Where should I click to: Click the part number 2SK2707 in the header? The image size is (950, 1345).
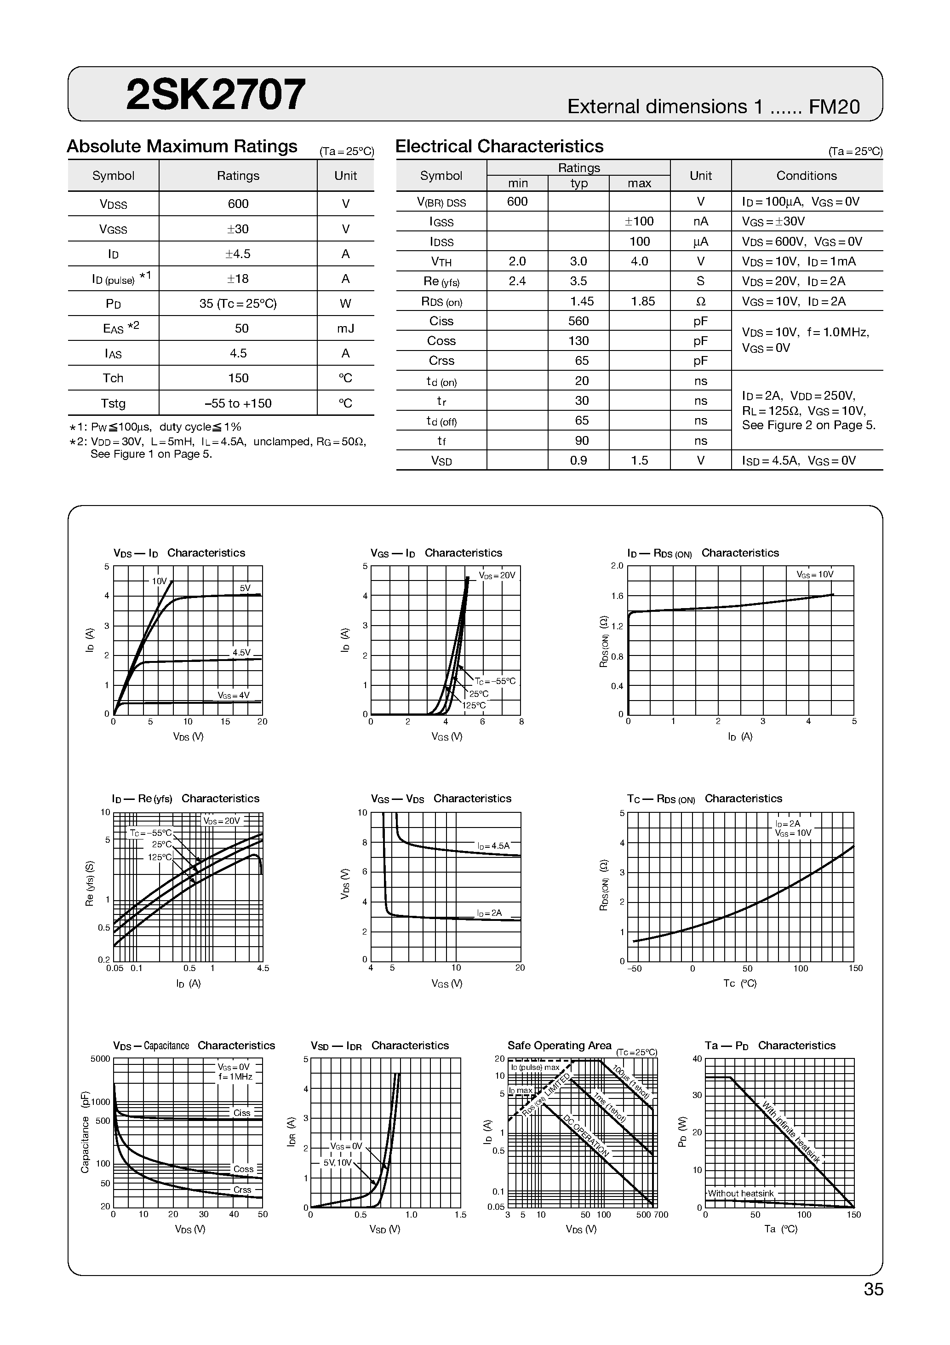(216, 95)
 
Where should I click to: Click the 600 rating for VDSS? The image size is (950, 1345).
(238, 204)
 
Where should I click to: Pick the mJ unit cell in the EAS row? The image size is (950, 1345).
(346, 328)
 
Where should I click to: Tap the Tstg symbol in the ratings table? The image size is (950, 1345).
(113, 403)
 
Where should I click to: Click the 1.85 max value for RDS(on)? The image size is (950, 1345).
(640, 301)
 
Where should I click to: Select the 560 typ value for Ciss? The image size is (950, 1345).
(578, 321)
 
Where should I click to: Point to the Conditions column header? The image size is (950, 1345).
(806, 176)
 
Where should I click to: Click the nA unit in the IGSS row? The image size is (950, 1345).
(700, 221)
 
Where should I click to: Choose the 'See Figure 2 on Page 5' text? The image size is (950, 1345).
(808, 425)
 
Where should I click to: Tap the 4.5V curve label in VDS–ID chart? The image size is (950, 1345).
(241, 653)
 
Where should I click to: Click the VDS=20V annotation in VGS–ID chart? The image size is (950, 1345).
(497, 575)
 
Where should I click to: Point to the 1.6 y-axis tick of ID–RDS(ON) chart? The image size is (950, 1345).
(617, 596)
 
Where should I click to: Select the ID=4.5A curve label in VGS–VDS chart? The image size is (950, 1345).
(493, 846)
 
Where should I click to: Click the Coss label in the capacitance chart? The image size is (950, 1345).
(243, 1169)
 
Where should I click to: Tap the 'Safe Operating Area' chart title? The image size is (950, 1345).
(559, 1046)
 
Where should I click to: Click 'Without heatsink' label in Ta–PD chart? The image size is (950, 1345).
(740, 1193)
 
